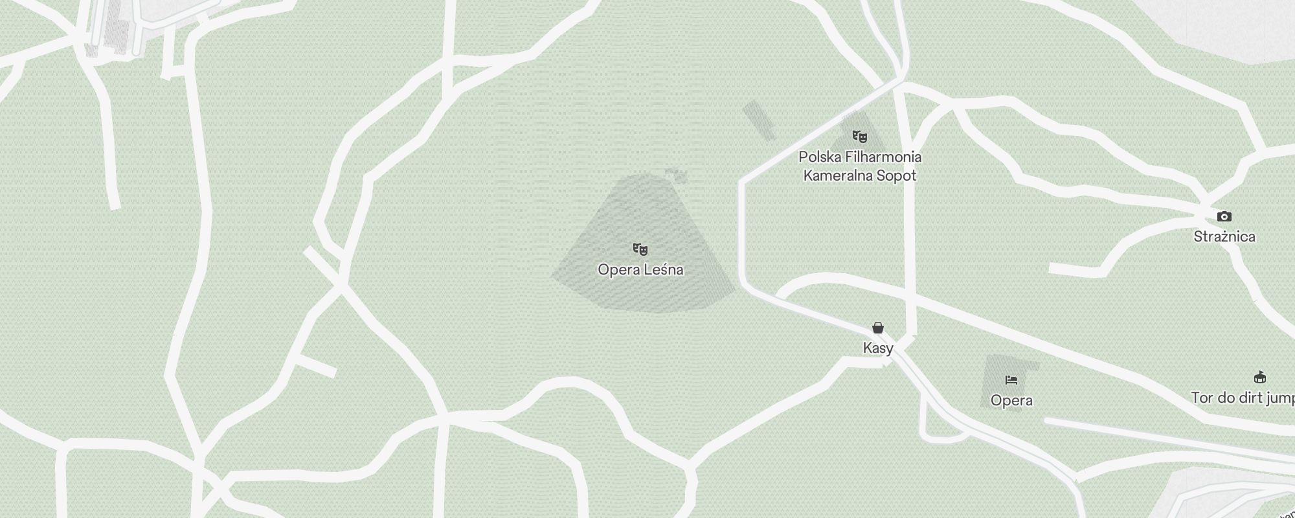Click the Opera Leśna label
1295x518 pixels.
point(640,269)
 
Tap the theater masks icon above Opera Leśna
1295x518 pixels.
point(640,249)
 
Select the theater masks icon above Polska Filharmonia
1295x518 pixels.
point(859,136)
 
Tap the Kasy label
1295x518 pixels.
point(878,348)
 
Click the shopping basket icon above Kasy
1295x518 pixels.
point(878,328)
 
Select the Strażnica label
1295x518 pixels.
point(1224,236)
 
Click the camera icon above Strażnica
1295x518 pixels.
point(1224,216)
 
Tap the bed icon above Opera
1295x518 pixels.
point(1011,379)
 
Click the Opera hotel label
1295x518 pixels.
point(1011,400)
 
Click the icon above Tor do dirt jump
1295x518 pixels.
point(1259,377)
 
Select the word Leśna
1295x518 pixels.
point(663,269)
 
